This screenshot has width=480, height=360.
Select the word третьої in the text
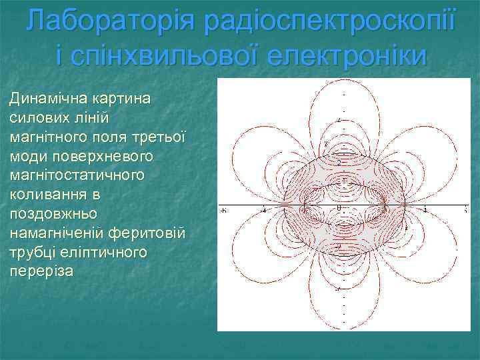(160, 133)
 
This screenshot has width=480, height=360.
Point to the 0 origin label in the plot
(339, 209)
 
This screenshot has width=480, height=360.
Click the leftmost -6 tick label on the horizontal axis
(223, 211)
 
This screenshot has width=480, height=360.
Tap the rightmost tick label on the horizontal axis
(465, 211)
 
